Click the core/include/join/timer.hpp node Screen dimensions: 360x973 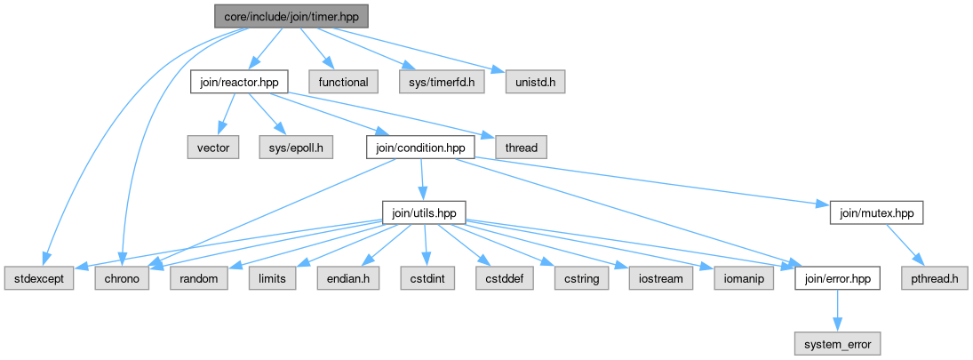[x=290, y=15]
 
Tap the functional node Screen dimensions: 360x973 [x=343, y=82]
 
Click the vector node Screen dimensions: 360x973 [x=212, y=148]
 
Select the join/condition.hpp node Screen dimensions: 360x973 [x=419, y=148]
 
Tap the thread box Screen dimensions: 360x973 [x=520, y=148]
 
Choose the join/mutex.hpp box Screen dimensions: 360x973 [x=876, y=213]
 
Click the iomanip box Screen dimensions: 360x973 [x=744, y=279]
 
